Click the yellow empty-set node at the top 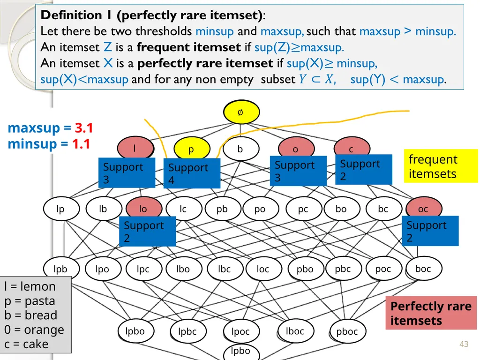pos(241,112)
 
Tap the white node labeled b pos(241,149)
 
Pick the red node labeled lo pos(144,207)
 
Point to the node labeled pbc pos(343,269)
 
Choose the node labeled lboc pos(295,331)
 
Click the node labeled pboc pos(347,331)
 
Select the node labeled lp pos(61,209)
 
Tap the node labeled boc pos(424,269)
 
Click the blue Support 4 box pos(192,173)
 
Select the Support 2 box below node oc pos(430,231)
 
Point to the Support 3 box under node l pos(127,172)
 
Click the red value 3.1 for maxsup pos(84,127)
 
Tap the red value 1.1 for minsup pos(82,143)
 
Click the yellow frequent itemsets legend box pos(441,166)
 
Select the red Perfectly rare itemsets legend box pos(431,313)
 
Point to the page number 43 pos(464,344)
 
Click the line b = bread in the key pos(30,315)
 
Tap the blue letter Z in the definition pos(107,47)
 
